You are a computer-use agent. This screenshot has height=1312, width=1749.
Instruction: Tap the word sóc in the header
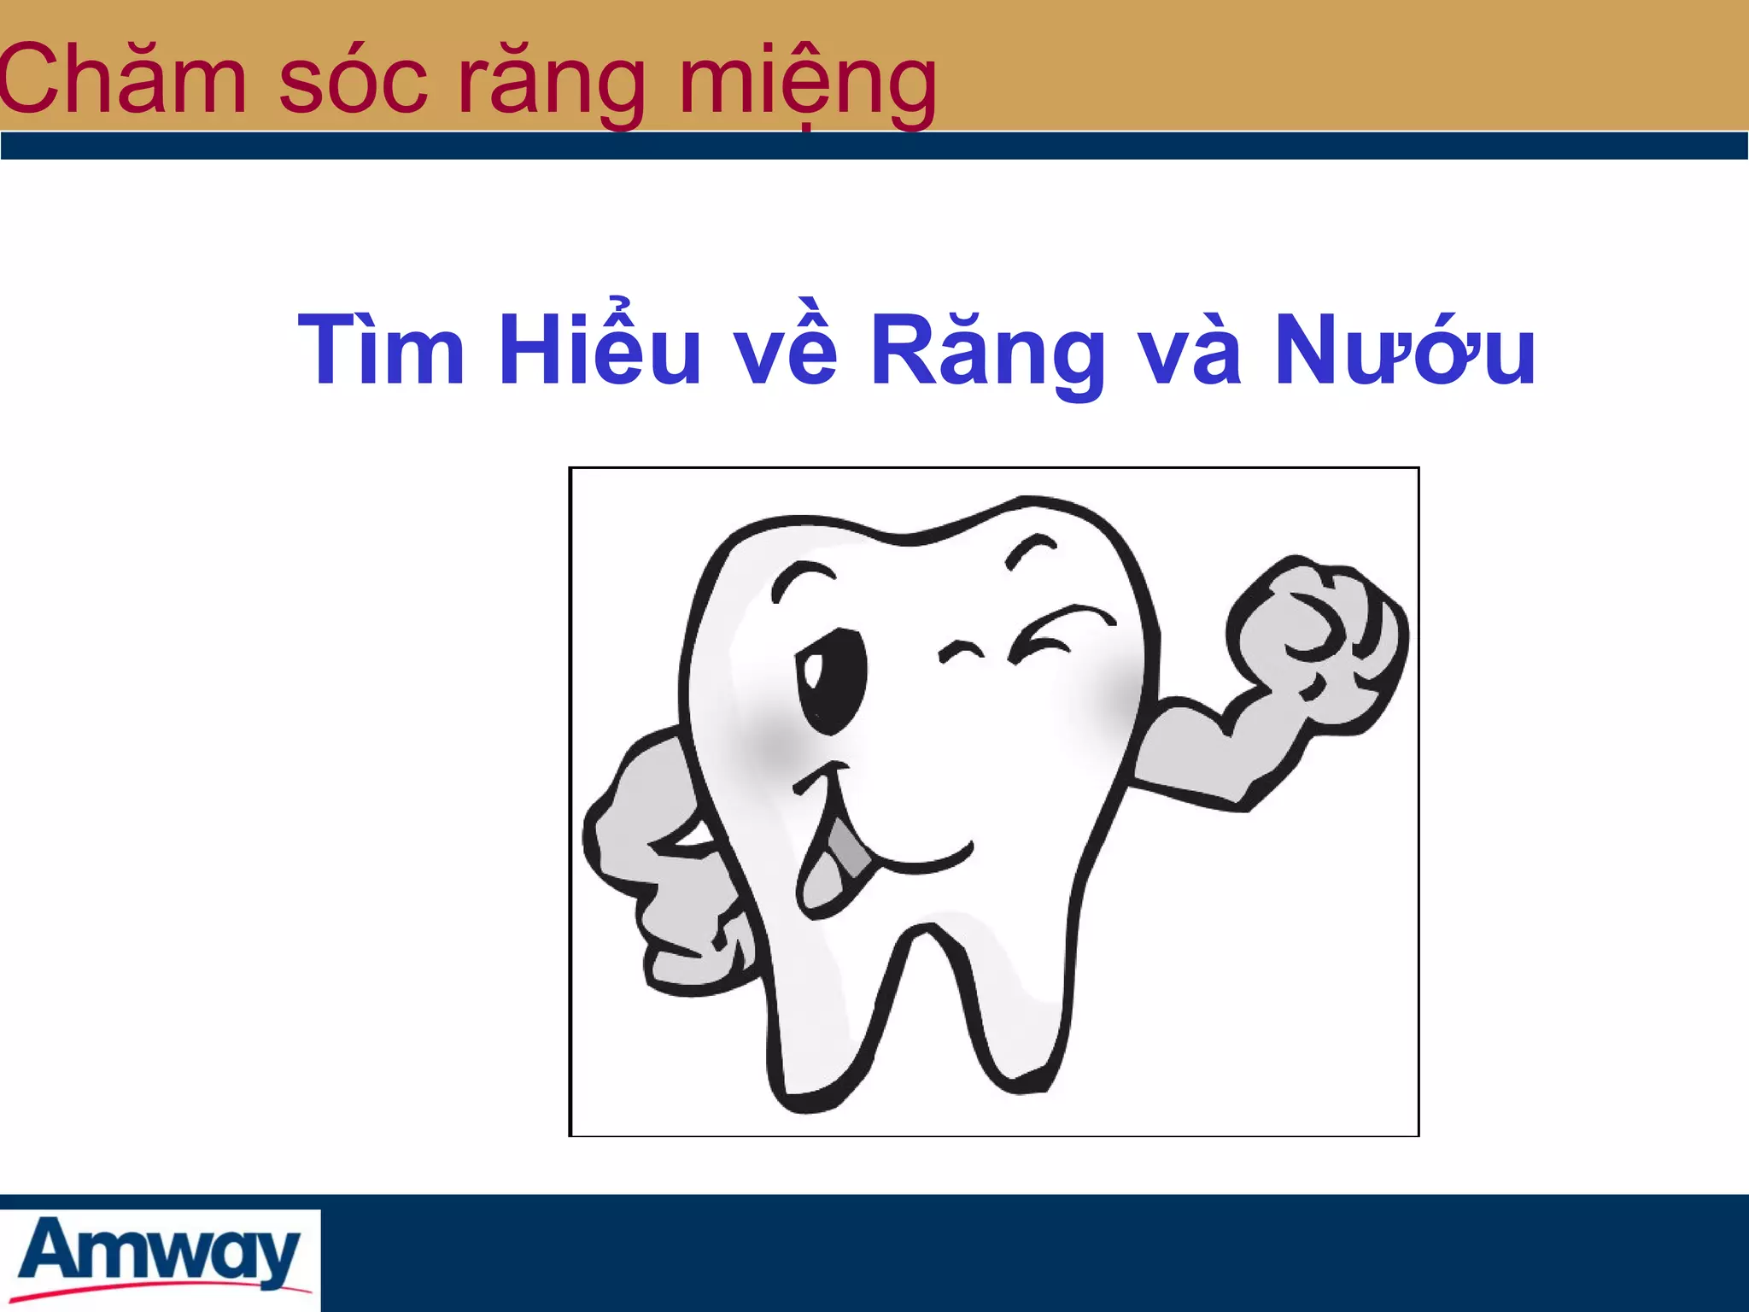click(x=353, y=81)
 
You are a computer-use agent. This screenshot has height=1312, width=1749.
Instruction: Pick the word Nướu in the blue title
click(x=1405, y=350)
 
